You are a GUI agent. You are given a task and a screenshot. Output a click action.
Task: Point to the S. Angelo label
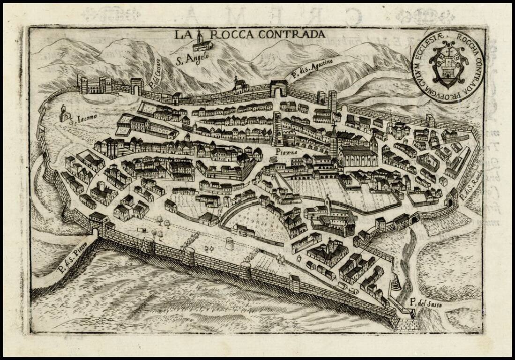192,59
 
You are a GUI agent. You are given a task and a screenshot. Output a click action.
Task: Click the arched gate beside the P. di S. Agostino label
278,89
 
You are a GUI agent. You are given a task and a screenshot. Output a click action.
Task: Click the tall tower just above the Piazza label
277,128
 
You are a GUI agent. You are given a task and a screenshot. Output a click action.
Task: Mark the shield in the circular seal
447,66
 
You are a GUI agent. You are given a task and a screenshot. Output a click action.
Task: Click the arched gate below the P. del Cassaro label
137,86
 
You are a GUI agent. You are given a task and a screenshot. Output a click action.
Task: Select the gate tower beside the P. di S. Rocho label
452,197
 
